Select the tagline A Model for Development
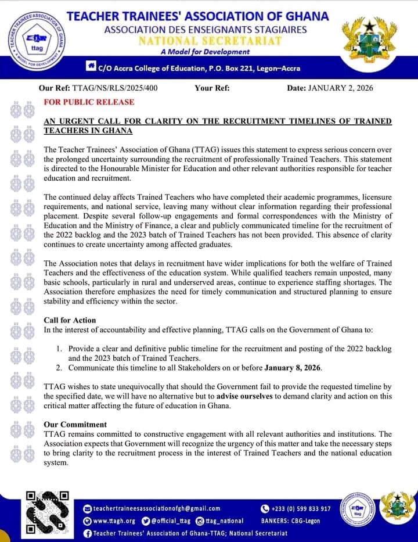pos(205,52)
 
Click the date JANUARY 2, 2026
pos(339,88)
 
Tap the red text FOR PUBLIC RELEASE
pos(89,102)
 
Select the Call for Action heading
pos(70,320)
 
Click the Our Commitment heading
pos(75,424)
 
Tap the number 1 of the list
pos(59,348)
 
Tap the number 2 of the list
pos(59,368)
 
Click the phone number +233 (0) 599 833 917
pos(301,508)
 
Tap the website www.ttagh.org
pos(114,521)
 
